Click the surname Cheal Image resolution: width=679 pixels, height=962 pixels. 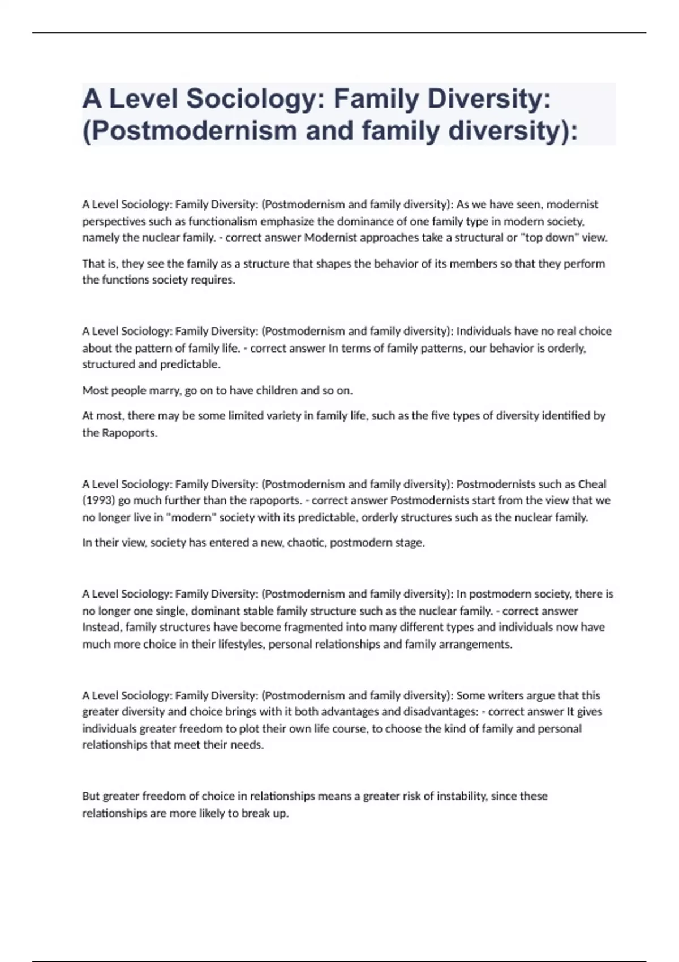(x=592, y=484)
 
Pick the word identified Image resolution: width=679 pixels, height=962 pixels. (x=565, y=416)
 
